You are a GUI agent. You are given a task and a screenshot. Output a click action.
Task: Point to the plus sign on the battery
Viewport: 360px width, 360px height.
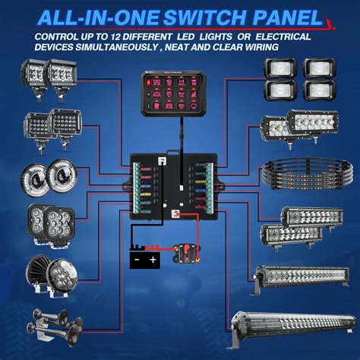point(154,260)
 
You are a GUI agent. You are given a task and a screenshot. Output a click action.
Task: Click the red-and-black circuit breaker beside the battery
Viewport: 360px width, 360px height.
point(185,251)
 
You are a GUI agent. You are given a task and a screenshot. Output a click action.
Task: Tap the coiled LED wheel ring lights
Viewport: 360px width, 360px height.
point(304,174)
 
